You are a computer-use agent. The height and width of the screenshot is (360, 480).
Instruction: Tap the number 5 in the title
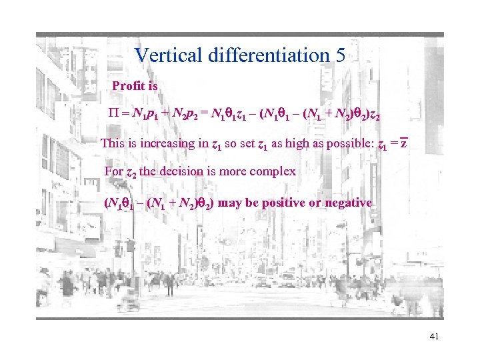pos(340,55)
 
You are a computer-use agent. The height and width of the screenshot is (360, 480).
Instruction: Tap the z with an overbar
pos(403,143)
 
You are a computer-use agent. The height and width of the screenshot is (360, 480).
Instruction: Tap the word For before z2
pos(114,172)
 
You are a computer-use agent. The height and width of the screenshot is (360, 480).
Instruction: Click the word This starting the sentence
pos(112,143)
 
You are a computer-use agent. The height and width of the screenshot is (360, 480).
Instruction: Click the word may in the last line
pos(230,203)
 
